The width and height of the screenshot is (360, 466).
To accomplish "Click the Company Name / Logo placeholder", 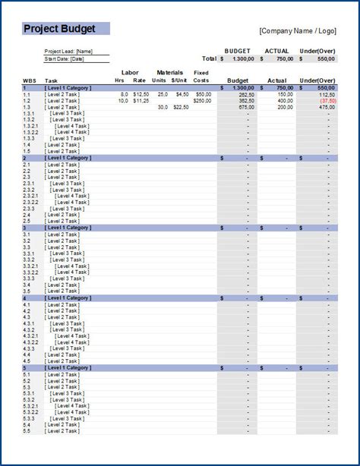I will (298, 31).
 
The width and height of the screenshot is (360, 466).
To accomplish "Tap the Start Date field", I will (65, 58).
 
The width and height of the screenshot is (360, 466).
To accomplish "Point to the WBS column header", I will (29, 80).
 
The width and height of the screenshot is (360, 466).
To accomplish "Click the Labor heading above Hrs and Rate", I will (130, 73).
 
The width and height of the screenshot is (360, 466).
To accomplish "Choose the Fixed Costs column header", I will (201, 76).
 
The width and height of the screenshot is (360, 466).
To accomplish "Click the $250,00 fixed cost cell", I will (202, 100).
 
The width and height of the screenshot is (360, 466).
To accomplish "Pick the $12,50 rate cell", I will (140, 94).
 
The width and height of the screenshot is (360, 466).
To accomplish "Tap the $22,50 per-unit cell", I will (180, 107).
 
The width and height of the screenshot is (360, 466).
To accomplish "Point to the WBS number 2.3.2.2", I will (31, 203).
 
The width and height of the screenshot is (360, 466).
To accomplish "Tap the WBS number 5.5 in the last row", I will (27, 431).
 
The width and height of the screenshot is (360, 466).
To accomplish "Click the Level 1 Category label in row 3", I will (68, 228).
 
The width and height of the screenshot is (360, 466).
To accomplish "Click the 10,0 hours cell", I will (123, 100).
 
